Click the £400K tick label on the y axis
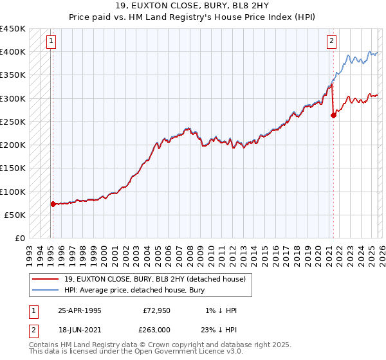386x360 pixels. pos(13,51)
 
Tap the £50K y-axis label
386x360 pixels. pos(15,215)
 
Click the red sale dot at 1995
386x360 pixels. pos(53,204)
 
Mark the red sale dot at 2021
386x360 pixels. pos(333,115)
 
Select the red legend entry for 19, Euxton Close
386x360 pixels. pos(154,279)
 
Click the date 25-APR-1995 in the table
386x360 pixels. pos(79,310)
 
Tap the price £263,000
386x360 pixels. pos(157,330)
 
